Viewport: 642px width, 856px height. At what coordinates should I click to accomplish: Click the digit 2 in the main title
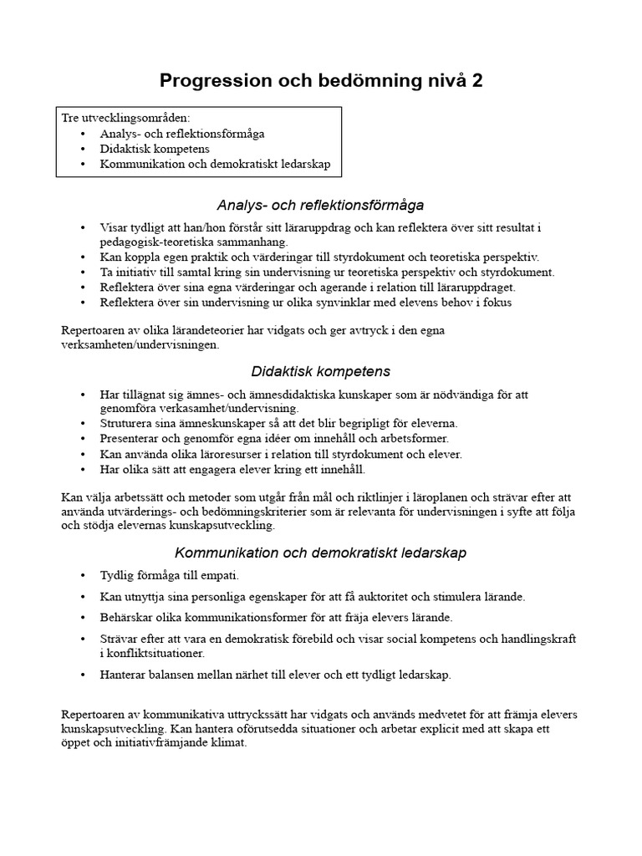[476, 81]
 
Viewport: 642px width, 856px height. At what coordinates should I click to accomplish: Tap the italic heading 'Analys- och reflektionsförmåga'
[320, 205]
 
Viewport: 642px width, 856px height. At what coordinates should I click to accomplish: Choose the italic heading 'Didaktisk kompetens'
[320, 371]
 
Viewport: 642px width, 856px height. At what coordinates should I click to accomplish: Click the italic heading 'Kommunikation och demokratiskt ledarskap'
[320, 553]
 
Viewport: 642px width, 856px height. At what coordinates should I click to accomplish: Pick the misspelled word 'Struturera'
[127, 423]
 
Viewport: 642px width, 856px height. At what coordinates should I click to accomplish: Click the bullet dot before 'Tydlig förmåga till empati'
[82, 575]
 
